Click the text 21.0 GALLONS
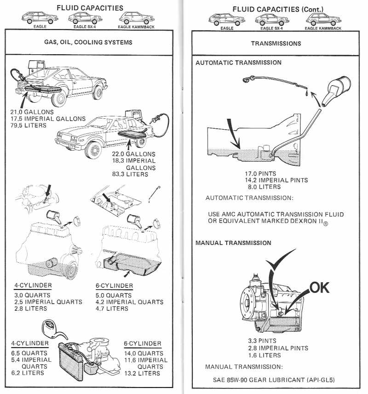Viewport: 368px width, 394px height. [32, 112]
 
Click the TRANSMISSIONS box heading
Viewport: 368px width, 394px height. [276, 43]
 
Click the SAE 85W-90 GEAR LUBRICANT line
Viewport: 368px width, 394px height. [276, 381]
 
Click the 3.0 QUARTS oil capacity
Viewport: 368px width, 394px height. [32, 295]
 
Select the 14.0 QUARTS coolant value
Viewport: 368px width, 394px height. [144, 353]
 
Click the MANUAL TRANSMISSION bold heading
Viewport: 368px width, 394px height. [233, 243]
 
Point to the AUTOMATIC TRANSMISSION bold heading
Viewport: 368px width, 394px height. [238, 62]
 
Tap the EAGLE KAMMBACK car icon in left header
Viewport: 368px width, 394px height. [136, 18]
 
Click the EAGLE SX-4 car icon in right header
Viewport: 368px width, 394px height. [274, 19]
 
